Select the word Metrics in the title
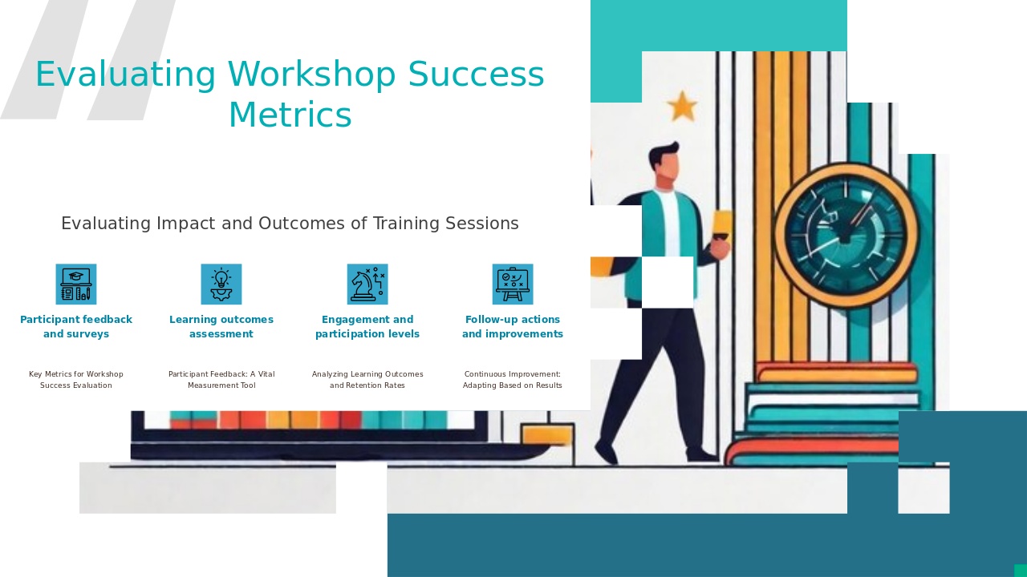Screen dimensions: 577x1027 290,115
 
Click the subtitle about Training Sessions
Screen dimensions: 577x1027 290,224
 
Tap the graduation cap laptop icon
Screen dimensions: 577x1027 76,284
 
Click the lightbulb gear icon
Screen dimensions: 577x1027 221,284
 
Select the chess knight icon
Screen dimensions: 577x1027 367,284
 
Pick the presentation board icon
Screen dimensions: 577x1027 513,284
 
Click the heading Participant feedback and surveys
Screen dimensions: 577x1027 76,327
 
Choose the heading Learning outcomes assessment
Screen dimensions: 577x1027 221,327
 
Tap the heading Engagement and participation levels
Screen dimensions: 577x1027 367,327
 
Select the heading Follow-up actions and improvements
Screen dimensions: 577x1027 513,327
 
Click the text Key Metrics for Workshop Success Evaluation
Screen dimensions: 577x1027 76,380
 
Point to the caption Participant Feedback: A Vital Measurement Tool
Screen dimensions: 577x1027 221,380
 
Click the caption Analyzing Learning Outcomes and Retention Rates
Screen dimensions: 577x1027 367,380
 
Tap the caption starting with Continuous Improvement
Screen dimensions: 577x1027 513,380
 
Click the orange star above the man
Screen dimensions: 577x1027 682,106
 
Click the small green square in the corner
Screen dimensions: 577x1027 1021,571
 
